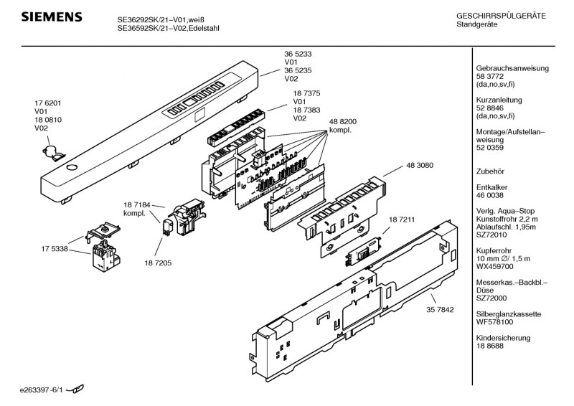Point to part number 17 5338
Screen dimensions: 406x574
(55, 248)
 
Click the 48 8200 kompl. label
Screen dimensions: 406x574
(343, 127)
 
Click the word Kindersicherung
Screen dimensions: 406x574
(502, 337)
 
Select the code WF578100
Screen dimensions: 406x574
(495, 322)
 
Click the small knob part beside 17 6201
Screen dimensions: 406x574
(51, 151)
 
